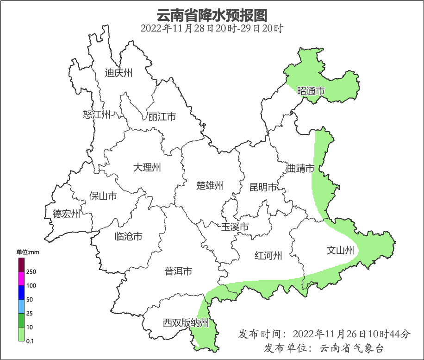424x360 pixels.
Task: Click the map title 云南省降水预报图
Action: (212, 15)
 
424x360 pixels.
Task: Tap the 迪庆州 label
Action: (118, 73)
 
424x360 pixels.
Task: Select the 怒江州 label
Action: (97, 114)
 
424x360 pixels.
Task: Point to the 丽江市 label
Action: (162, 117)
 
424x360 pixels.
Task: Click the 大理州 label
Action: (147, 167)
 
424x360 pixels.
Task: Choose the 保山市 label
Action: (103, 196)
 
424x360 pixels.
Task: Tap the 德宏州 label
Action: (66, 214)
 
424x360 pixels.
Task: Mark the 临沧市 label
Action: (128, 236)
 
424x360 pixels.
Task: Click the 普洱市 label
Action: (178, 272)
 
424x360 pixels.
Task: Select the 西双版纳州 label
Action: (186, 323)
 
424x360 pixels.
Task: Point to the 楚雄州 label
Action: (210, 186)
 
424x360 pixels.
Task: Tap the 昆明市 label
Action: (263, 187)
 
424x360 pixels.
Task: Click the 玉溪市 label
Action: (235, 227)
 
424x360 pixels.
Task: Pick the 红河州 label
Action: (268, 255)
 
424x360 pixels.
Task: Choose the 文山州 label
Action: (340, 251)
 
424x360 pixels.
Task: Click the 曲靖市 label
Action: (300, 168)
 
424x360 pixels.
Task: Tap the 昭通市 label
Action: (311, 91)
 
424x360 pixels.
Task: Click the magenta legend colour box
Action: (21, 279)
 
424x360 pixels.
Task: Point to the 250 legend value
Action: (31, 272)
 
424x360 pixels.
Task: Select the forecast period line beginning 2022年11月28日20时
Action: (212, 28)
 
